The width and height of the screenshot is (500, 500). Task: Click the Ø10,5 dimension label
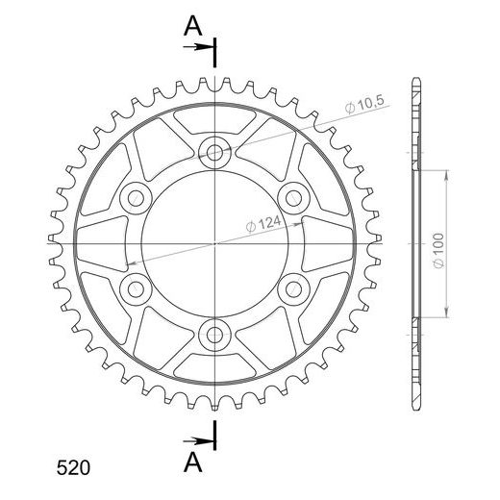364,104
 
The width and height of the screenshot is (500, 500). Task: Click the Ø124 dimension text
263,224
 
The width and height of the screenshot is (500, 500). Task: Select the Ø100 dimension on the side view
438,251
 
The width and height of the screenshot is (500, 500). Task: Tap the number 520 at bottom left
73,468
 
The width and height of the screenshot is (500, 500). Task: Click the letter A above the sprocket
193,26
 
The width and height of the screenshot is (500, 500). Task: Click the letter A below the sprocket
193,462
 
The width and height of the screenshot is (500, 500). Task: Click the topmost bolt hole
214,152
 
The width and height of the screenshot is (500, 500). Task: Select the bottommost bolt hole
214,336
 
